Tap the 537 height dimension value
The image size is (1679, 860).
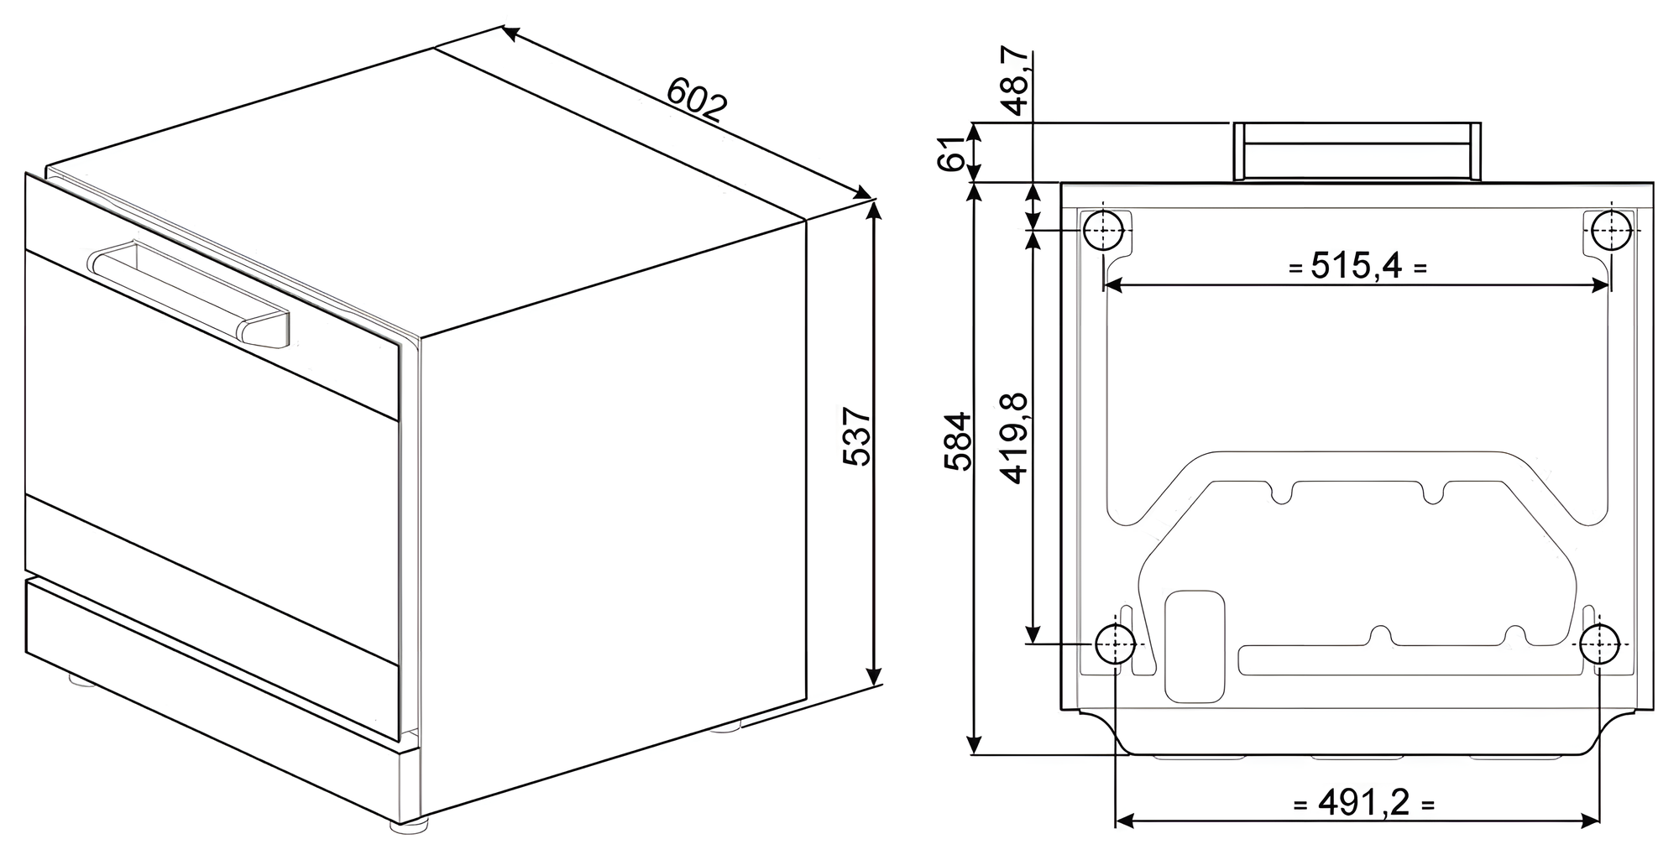857,436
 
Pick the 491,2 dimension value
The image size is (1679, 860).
1363,804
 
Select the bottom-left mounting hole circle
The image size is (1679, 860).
1115,644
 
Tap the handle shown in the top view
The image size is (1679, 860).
1357,151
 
